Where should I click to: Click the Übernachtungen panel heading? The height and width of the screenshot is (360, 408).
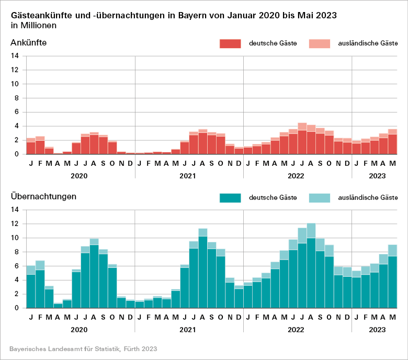point(43,197)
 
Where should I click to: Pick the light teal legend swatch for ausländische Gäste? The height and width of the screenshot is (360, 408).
point(320,198)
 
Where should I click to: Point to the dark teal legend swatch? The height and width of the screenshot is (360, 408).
point(230,198)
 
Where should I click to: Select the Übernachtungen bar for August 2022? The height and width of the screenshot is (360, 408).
point(311,267)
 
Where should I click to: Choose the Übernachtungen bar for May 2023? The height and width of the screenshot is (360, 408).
point(392,277)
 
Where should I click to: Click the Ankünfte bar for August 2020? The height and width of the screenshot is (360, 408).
point(94,143)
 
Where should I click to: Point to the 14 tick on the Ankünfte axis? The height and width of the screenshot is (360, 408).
point(15,56)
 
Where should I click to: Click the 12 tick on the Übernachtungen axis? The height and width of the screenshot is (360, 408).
point(15,224)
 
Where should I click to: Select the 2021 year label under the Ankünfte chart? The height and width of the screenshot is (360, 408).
point(188,176)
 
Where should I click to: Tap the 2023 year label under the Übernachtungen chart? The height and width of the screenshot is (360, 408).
point(377,330)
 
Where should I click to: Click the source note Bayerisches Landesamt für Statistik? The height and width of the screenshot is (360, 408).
point(83,348)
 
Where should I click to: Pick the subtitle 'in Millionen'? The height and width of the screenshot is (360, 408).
point(33,25)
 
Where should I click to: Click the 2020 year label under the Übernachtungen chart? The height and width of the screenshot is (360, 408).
point(79,330)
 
